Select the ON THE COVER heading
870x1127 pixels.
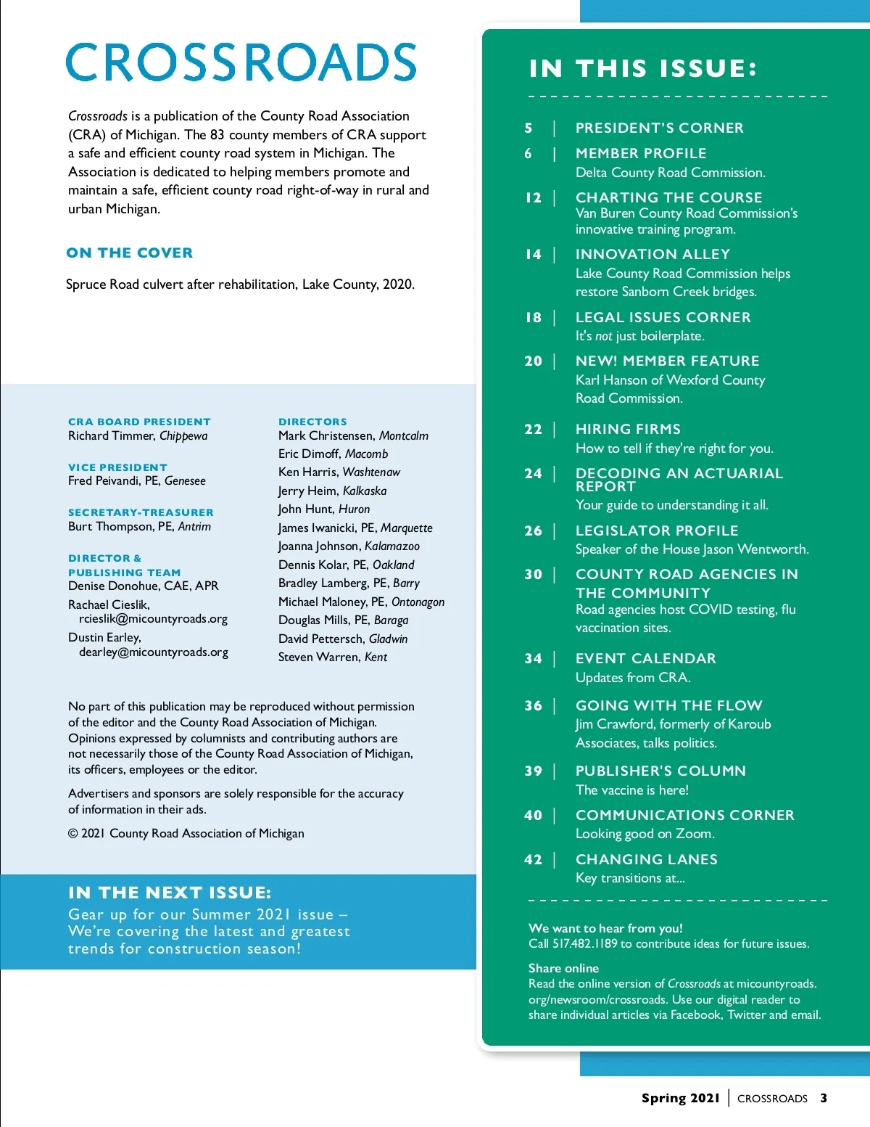click(130, 253)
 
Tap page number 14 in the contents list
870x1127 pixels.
click(533, 254)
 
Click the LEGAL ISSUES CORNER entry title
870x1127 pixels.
click(663, 317)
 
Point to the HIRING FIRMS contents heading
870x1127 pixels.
click(628, 429)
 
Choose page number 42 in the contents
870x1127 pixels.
click(533, 859)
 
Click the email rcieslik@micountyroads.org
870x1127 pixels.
click(153, 619)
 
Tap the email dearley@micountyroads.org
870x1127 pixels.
click(153, 652)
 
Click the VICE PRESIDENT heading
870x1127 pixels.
click(117, 467)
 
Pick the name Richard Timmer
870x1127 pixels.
click(111, 435)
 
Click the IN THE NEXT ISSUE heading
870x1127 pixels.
click(170, 892)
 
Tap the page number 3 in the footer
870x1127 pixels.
click(824, 1098)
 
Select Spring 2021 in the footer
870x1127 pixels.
click(680, 1098)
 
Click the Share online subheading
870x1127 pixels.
click(563, 968)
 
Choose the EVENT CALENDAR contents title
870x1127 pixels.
click(645, 658)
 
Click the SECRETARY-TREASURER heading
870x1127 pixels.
click(141, 512)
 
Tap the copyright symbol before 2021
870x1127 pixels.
click(72, 834)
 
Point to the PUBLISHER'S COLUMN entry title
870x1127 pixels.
click(660, 771)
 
